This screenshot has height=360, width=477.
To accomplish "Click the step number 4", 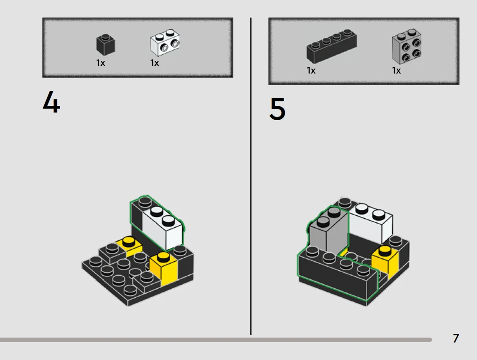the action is coord(52,102).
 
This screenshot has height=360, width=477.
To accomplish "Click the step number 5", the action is coord(277,109).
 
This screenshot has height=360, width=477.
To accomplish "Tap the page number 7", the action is coord(456,338).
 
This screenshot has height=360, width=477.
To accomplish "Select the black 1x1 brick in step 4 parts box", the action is coord(105,45).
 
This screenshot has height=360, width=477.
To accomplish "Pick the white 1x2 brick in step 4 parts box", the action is coord(165,43).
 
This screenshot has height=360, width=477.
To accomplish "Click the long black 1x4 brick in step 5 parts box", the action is coord(331,46).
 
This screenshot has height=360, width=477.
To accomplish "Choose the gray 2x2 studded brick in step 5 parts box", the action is coord(407,46).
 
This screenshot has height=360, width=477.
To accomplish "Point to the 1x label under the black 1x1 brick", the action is coord(101,63).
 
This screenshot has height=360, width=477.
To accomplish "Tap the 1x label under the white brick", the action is coord(154,63).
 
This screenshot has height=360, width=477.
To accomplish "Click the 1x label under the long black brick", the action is coord(311,70).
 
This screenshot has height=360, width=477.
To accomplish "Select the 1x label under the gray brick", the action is coord(396,70).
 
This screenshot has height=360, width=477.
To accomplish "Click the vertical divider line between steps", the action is coord(251,176).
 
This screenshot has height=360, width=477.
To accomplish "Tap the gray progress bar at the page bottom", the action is coord(215,340).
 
